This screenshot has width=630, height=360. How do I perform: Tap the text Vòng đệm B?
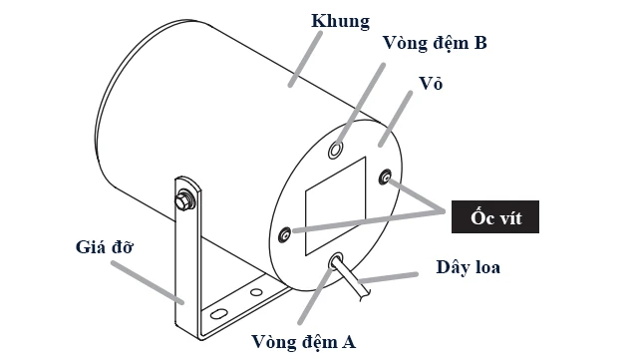pyautogui.click(x=435, y=43)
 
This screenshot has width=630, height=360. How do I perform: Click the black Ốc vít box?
pyautogui.click(x=495, y=216)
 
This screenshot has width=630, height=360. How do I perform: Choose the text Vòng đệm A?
pyautogui.click(x=303, y=343)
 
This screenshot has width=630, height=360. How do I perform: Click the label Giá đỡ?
pyautogui.click(x=106, y=245)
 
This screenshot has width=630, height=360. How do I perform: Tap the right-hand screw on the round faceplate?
pyautogui.click(x=386, y=177)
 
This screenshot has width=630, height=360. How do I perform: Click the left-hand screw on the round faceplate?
pyautogui.click(x=285, y=234)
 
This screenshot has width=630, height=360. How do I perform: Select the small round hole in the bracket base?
pyautogui.click(x=256, y=293)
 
